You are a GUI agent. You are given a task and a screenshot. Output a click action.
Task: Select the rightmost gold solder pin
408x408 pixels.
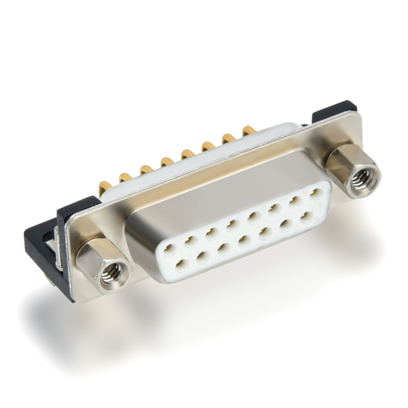[248, 130]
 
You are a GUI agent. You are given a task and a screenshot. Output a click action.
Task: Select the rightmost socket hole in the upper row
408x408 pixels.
[314, 194]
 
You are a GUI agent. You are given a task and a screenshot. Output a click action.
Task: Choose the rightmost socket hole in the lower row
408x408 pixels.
[305, 216]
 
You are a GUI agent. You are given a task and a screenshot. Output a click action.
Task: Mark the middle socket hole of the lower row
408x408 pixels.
[244, 241]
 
